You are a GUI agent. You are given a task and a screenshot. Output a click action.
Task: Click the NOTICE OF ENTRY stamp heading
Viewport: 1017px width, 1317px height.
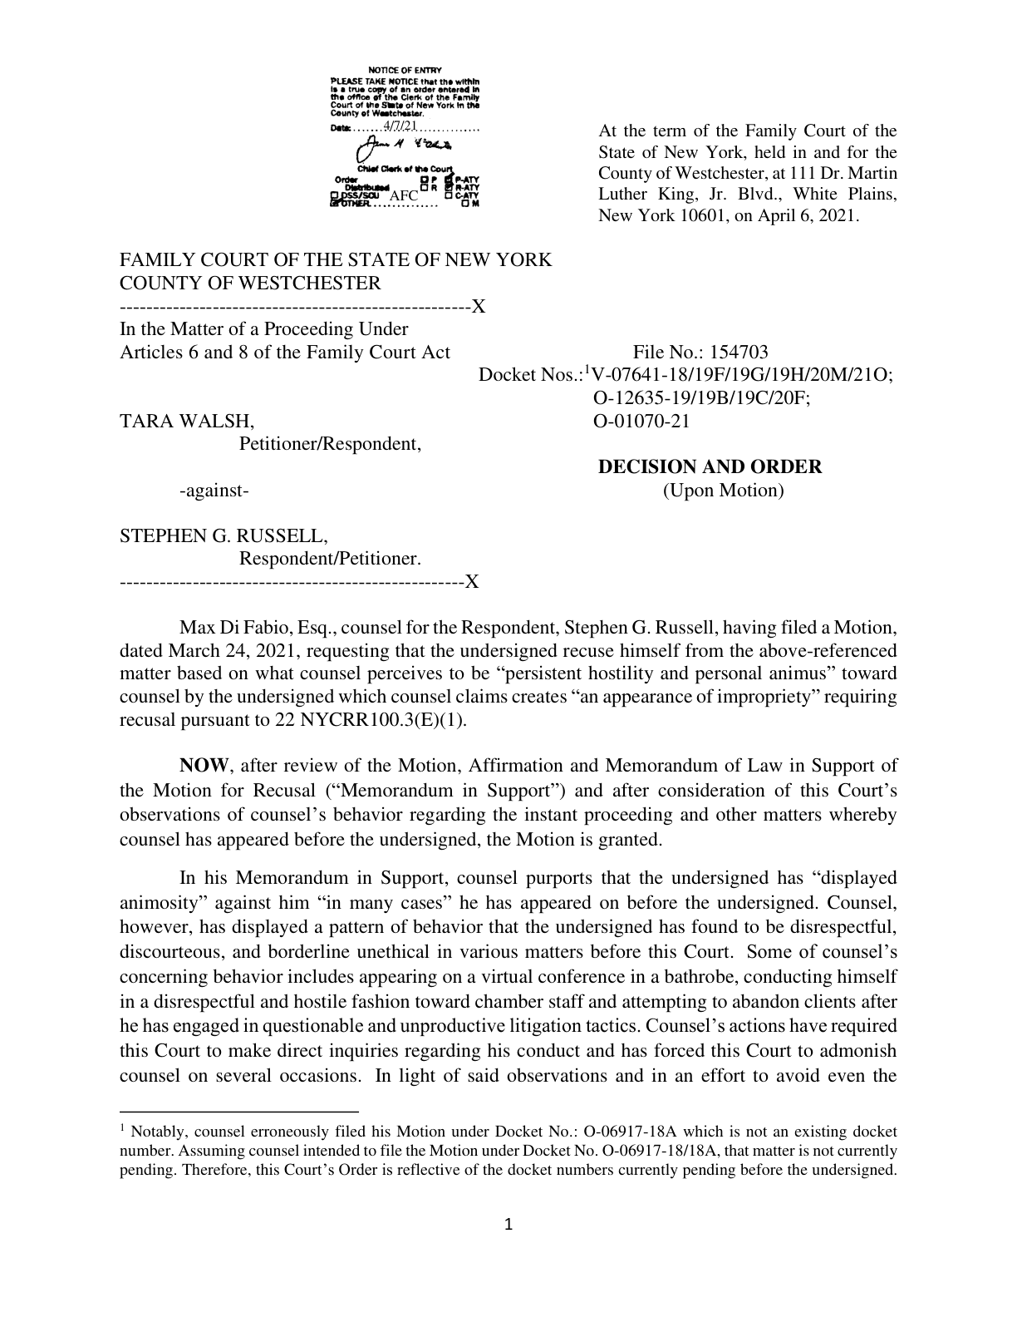(x=405, y=70)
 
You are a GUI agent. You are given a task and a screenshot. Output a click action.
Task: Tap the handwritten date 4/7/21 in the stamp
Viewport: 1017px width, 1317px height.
(x=399, y=126)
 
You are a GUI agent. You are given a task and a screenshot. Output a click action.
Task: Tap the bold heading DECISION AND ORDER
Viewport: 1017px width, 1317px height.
(x=710, y=466)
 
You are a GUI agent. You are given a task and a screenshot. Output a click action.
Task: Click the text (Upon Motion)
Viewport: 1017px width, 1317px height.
(x=723, y=491)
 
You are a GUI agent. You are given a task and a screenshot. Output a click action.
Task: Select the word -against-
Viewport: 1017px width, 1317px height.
(x=214, y=491)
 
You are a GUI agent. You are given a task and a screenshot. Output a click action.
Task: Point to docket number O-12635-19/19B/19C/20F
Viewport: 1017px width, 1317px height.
(x=701, y=398)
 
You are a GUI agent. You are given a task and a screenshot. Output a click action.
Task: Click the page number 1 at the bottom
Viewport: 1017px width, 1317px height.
(x=509, y=1223)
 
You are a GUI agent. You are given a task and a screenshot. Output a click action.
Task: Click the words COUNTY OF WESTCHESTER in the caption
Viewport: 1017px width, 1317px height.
(x=249, y=283)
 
